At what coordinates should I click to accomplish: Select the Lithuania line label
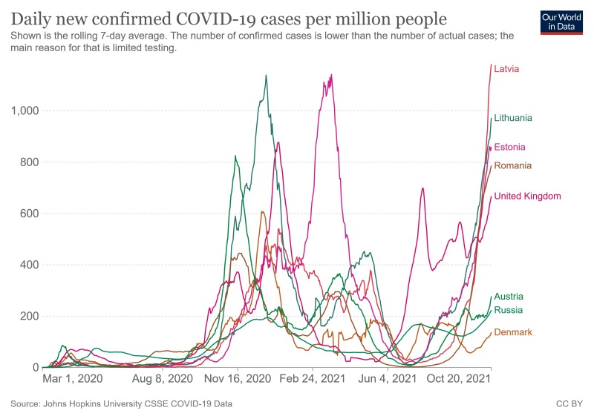click(x=513, y=118)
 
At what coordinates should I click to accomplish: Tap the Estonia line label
click(x=509, y=147)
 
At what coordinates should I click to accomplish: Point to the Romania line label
click(x=512, y=165)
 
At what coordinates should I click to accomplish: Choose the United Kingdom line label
click(x=527, y=197)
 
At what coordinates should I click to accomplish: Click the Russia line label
click(x=508, y=310)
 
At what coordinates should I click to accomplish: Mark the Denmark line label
click(x=513, y=332)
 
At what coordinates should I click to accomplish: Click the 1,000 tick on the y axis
click(x=25, y=111)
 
